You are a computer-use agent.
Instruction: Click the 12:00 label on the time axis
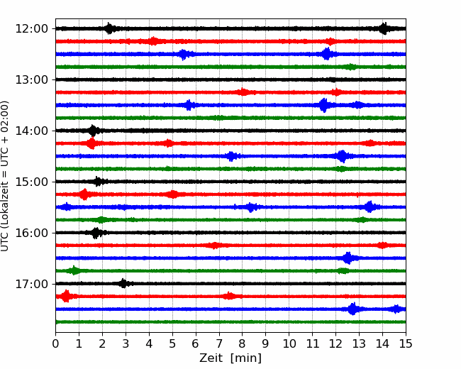click(31, 29)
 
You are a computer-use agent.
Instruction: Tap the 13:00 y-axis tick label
click(31, 79)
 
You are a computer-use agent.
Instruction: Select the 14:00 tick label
click(31, 131)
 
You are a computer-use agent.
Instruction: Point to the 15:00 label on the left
click(31, 182)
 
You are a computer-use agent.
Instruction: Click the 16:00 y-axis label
click(31, 233)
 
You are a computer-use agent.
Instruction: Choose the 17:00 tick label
click(31, 284)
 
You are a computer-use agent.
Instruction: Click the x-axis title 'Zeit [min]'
click(230, 358)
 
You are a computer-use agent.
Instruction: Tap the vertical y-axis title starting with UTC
click(4, 176)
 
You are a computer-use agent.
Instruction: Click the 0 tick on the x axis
click(55, 343)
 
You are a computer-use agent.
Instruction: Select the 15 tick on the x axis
click(406, 343)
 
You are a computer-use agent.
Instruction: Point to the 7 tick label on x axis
click(219, 343)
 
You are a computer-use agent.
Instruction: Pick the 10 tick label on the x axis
click(289, 343)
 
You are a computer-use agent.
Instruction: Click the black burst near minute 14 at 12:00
click(384, 28)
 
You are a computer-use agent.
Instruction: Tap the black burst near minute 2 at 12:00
click(109, 28)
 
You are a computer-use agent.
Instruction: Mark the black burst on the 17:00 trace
click(123, 283)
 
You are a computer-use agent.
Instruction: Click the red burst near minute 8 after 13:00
click(243, 92)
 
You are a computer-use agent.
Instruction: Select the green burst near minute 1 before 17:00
click(74, 270)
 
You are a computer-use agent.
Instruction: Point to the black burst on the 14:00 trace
click(93, 131)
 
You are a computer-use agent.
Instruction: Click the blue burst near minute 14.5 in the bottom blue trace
click(396, 309)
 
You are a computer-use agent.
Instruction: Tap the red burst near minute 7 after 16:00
click(215, 246)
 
